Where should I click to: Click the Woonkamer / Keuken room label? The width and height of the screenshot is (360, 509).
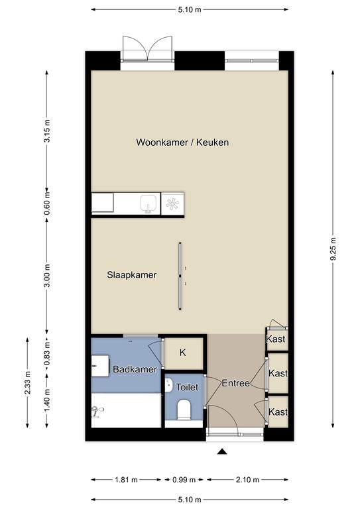[x=182, y=142]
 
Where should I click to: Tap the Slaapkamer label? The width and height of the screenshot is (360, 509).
[x=132, y=275]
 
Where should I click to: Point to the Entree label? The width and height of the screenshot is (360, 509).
[x=235, y=382]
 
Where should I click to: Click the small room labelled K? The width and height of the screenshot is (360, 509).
[x=182, y=353]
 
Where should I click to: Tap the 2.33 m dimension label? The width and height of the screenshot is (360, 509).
[x=28, y=383]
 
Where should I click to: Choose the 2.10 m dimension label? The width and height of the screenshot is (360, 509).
[x=246, y=479]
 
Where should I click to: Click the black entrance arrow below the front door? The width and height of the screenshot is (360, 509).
[x=223, y=452]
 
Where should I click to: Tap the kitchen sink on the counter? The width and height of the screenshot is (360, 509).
[x=148, y=204]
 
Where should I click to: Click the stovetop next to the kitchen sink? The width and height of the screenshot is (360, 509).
[x=172, y=204]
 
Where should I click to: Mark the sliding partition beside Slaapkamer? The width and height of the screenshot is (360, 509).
[x=180, y=274]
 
